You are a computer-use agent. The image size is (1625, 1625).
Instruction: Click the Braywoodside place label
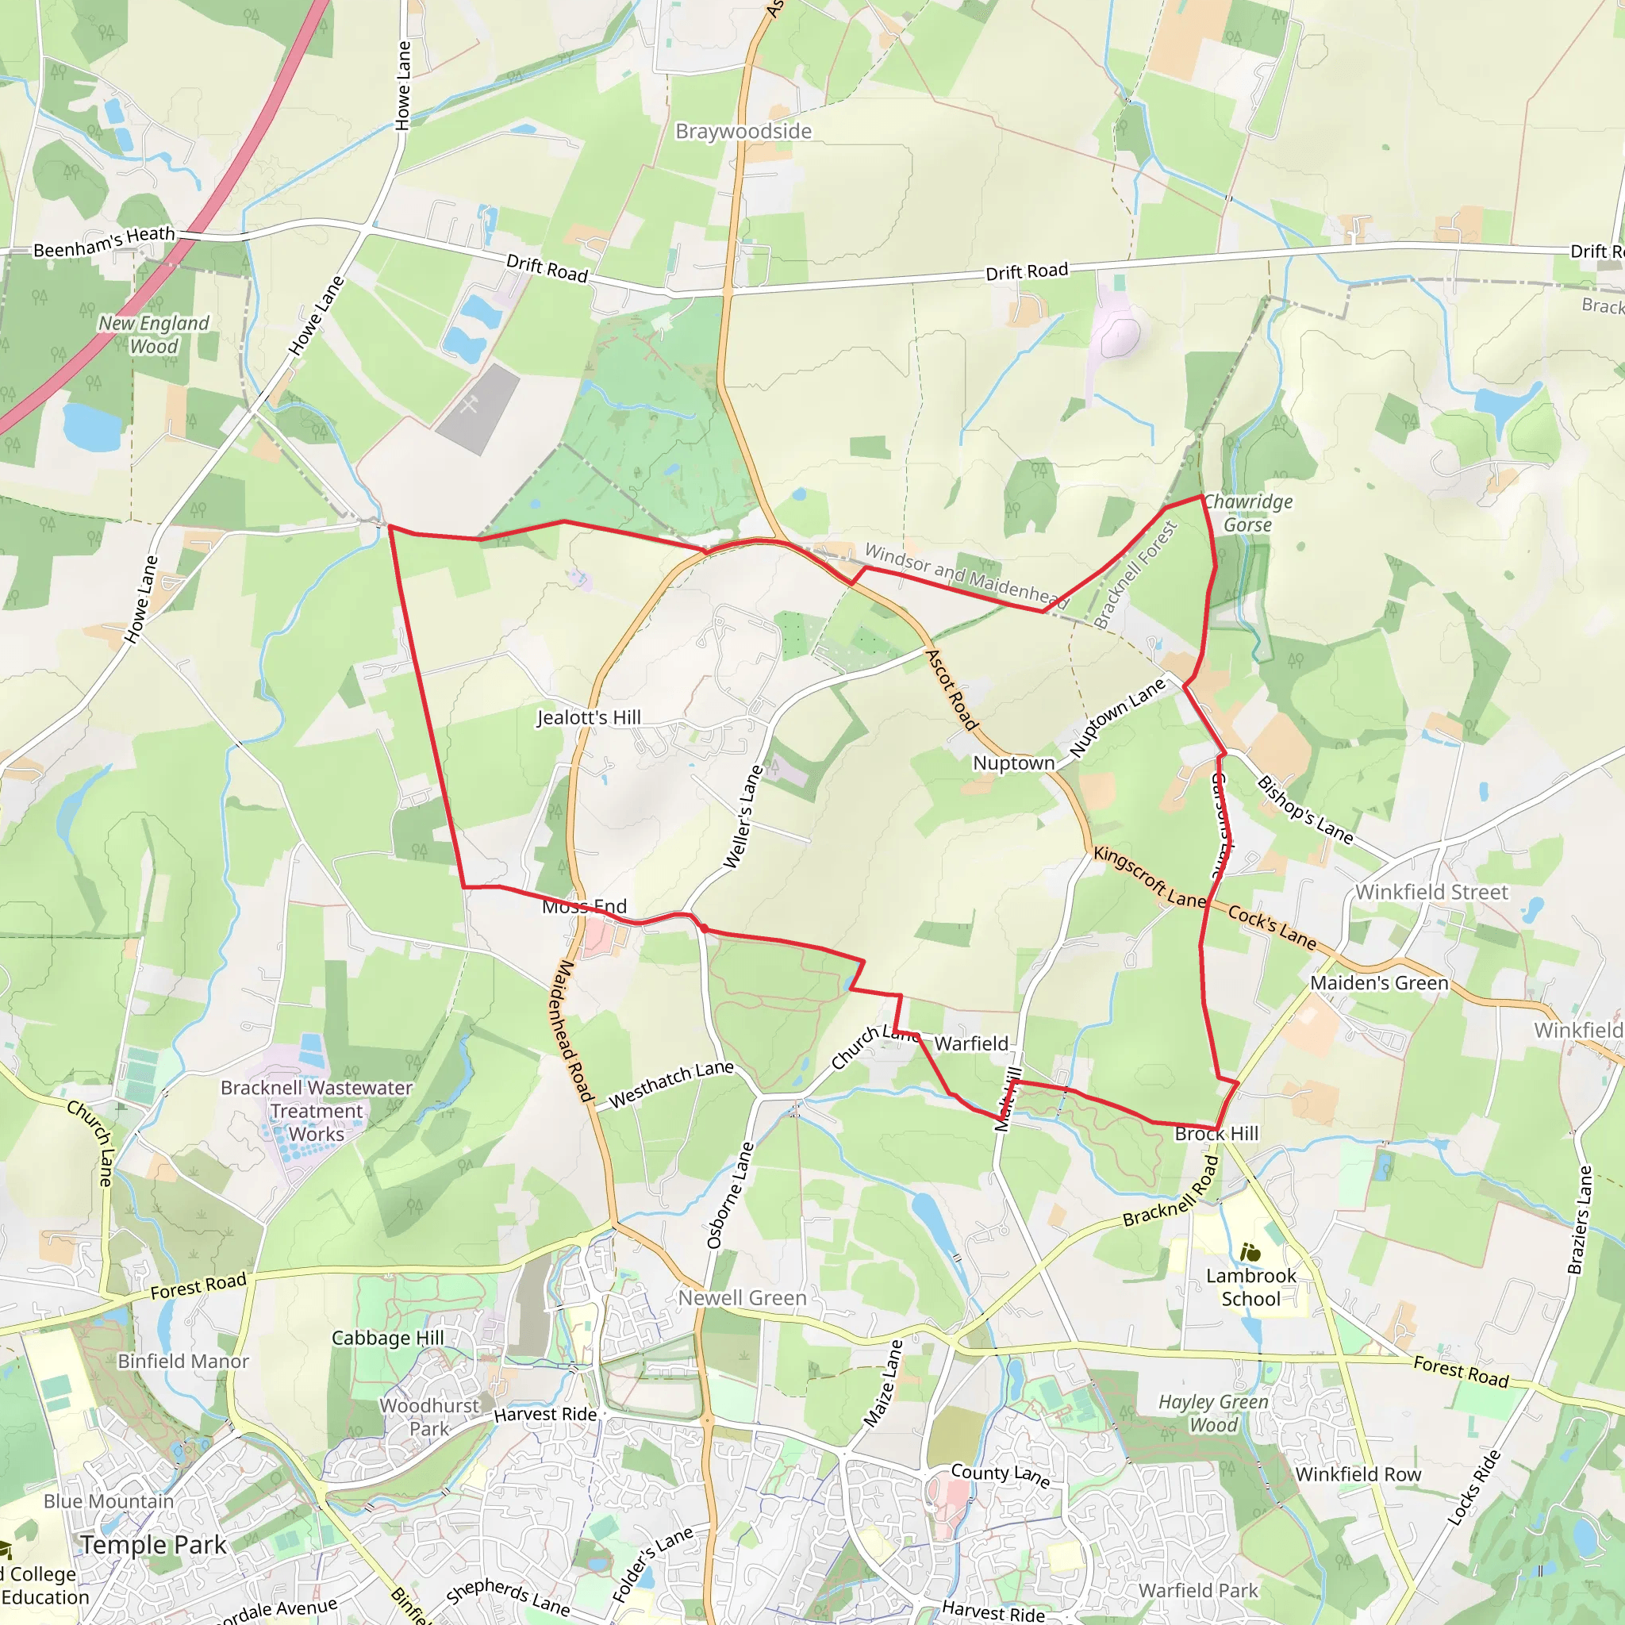pyautogui.click(x=743, y=131)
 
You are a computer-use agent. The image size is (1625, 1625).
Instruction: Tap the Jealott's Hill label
pyautogui.click(x=589, y=717)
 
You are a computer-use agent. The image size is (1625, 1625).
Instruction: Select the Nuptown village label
pyautogui.click(x=1013, y=763)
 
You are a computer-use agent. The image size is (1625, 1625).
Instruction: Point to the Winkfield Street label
pyautogui.click(x=1431, y=893)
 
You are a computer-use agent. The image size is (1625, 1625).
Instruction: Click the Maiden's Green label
pyautogui.click(x=1379, y=982)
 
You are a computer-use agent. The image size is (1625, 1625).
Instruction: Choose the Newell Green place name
pyautogui.click(x=742, y=1298)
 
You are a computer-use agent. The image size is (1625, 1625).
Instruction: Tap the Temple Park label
pyautogui.click(x=154, y=1545)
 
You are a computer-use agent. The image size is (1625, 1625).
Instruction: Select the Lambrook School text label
pyautogui.click(x=1250, y=1287)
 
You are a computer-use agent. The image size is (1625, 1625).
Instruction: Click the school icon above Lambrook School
pyautogui.click(x=1250, y=1253)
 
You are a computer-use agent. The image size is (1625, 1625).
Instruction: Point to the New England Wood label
pyautogui.click(x=154, y=335)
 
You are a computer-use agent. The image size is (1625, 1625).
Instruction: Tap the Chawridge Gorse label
pyautogui.click(x=1248, y=513)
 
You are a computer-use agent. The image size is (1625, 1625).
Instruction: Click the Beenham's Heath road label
pyautogui.click(x=104, y=242)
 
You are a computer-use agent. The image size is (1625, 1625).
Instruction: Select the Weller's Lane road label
pyautogui.click(x=743, y=816)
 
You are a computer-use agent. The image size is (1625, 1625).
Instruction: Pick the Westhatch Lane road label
pyautogui.click(x=671, y=1084)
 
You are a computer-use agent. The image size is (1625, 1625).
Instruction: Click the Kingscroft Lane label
pyautogui.click(x=1150, y=878)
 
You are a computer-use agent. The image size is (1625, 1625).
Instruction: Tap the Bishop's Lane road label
pyautogui.click(x=1304, y=810)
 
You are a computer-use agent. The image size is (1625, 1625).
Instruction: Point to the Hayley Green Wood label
pyautogui.click(x=1213, y=1413)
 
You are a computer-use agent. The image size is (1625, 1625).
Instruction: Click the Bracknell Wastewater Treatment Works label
pyautogui.click(x=317, y=1110)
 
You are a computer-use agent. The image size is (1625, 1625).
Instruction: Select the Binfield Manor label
pyautogui.click(x=183, y=1361)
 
